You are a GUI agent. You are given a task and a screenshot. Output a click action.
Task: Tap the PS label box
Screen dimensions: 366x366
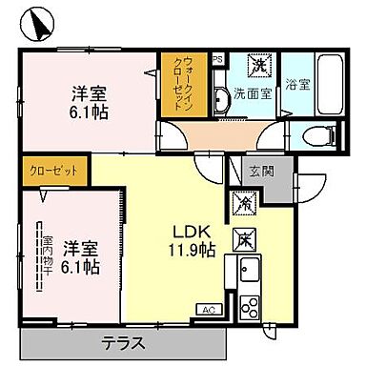coord(218,58)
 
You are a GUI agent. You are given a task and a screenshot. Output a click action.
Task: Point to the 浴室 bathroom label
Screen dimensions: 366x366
coord(297,85)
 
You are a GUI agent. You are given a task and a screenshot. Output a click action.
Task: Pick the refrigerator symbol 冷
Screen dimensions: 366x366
coord(243,203)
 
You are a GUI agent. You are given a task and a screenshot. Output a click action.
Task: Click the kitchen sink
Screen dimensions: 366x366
coord(249,270)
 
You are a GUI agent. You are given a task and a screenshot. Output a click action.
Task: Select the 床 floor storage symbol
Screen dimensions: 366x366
coord(245,236)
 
